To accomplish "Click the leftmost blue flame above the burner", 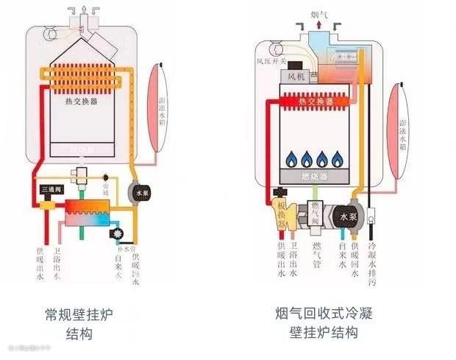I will [290, 158].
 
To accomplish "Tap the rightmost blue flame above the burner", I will [338, 158].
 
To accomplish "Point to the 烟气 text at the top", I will [318, 13].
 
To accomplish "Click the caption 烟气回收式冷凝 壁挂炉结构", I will [324, 323].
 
